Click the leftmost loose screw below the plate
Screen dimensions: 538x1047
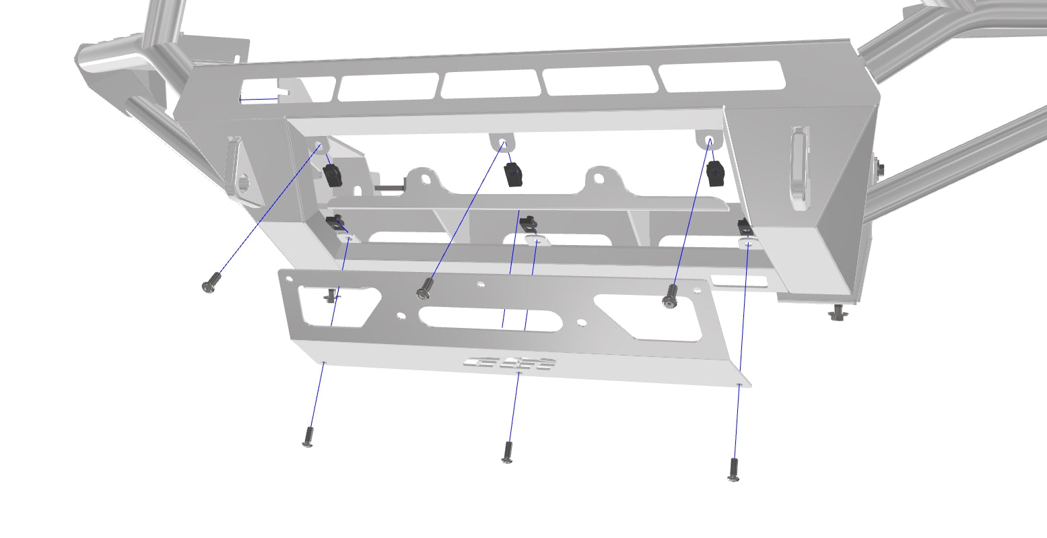(308, 438)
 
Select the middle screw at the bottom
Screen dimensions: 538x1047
(507, 452)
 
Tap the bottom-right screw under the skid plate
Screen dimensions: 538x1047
(734, 469)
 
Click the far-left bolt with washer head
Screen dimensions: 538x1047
(211, 282)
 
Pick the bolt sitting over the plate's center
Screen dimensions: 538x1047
(424, 289)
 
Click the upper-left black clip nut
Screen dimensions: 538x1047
(332, 175)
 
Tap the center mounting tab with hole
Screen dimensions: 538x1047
(502, 143)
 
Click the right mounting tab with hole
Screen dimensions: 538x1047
(709, 140)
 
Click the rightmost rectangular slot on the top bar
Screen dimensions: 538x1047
(722, 76)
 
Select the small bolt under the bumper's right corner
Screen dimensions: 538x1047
(838, 312)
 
